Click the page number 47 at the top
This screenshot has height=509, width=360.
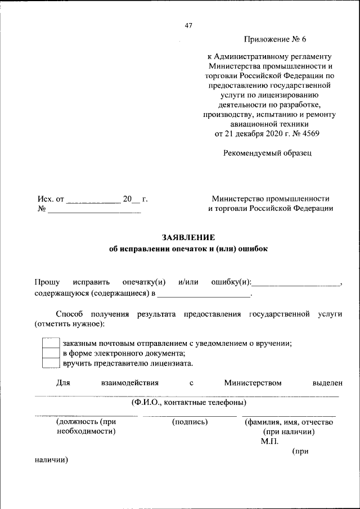click(x=188, y=25)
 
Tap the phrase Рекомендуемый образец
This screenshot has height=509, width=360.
click(x=267, y=152)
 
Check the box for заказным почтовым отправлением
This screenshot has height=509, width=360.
click(x=51, y=343)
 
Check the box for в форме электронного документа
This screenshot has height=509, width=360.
click(x=51, y=353)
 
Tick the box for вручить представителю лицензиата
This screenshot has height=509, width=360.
click(x=51, y=363)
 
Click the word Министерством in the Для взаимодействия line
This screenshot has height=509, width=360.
click(x=253, y=383)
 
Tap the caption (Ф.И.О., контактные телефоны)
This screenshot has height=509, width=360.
click(x=188, y=403)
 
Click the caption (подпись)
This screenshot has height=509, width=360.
click(x=190, y=422)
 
